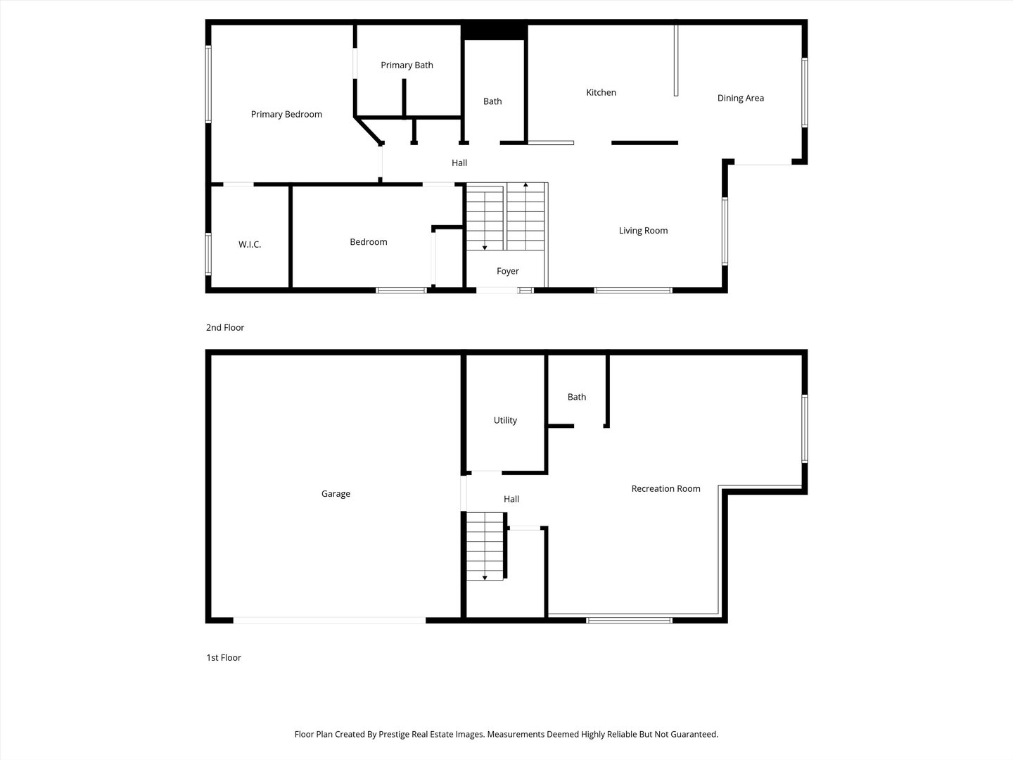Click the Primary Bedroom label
pos(286,114)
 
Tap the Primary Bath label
pos(407,65)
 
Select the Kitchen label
pos(601,92)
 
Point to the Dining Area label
pos(740,98)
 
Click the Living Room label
pos(643,230)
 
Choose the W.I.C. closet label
pos(250,244)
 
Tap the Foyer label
pos(507,271)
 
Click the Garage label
pos(336,493)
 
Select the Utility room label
pos(505,420)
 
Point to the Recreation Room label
pos(665,488)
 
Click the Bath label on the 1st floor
pos(577,397)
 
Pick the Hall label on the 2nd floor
pos(459,163)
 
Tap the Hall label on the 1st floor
pos(511,499)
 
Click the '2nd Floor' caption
pos(225,327)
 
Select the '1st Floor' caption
pos(224,657)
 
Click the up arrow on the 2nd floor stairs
pos(526,185)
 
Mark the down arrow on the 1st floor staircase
pos(485,577)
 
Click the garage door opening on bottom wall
pos(329,620)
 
